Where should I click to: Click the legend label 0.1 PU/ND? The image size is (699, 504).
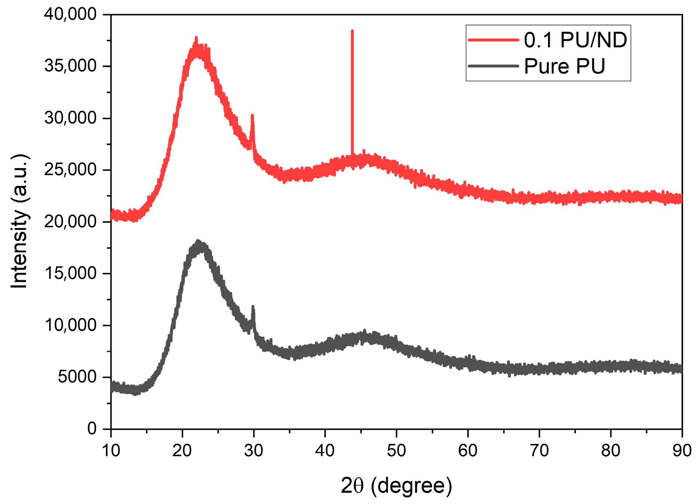pos(575,40)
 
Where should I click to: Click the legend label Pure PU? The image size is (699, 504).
pos(564,66)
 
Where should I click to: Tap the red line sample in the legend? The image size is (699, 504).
pos(493,40)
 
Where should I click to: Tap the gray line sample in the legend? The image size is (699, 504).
pos(493,66)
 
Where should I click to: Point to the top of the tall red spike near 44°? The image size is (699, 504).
pos(352,31)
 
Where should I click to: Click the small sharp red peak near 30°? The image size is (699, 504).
pos(252,116)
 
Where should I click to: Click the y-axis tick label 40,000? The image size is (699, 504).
pos(70,14)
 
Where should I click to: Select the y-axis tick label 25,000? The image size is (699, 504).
pos(70,170)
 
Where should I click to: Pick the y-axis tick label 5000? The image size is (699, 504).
pos(77,377)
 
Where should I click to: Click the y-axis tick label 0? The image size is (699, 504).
pos(92,428)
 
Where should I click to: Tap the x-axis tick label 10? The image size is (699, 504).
pos(111,451)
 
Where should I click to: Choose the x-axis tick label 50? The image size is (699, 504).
pos(396,451)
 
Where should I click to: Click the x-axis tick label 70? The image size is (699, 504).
pos(539,451)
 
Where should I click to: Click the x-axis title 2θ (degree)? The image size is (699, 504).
pos(396,486)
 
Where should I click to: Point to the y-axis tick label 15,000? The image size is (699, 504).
pos(70,273)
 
